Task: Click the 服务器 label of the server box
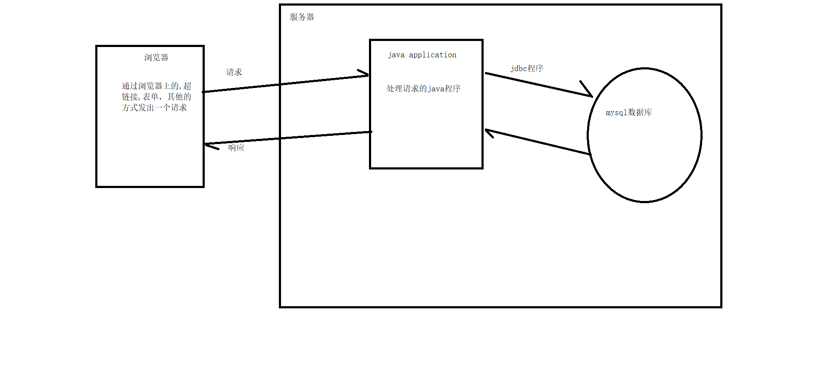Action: [x=302, y=17]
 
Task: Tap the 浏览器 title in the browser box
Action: [x=156, y=57]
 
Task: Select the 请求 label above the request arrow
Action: [x=234, y=72]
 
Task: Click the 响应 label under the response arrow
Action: [x=236, y=147]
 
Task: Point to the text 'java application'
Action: [x=422, y=55]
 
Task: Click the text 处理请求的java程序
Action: [x=423, y=88]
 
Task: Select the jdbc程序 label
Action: [x=527, y=68]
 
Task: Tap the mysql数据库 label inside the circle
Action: [x=628, y=113]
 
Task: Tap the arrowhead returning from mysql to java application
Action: [x=489, y=132]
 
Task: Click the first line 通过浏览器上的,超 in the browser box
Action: [x=156, y=86]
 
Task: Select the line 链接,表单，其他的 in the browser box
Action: [x=156, y=97]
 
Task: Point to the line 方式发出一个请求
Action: [x=154, y=107]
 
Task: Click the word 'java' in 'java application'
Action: [x=396, y=55]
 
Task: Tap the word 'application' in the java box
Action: [x=433, y=55]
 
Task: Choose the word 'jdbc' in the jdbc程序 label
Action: [x=519, y=69]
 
